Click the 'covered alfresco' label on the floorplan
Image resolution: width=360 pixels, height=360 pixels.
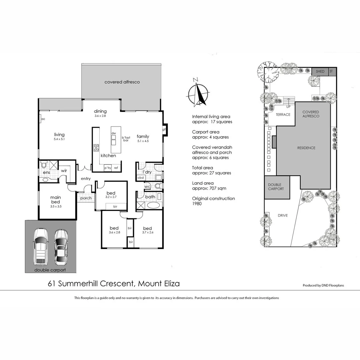[x=122, y=82]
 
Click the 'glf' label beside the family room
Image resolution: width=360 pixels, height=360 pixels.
[x=164, y=129]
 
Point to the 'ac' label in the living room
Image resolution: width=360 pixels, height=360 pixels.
[x=43, y=119]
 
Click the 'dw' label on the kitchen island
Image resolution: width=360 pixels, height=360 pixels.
[x=114, y=133]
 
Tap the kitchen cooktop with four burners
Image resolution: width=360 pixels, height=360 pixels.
[x=97, y=148]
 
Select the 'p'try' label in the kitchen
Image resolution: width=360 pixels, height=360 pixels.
[x=108, y=168]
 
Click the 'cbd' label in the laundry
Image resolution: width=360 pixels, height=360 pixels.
[x=140, y=177]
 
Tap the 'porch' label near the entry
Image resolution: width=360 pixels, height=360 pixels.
[x=86, y=198]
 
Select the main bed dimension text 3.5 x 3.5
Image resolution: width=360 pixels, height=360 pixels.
[x=55, y=206]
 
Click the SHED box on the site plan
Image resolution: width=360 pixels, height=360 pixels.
[x=320, y=71]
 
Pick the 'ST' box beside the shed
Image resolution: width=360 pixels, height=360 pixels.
[x=331, y=71]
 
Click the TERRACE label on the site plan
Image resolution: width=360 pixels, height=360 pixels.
[x=283, y=115]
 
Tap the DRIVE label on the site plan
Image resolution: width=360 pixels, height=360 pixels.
[x=283, y=216]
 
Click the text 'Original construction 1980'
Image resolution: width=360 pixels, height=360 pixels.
[x=213, y=201]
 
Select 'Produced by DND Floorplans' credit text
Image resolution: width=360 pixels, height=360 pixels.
[x=323, y=285]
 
